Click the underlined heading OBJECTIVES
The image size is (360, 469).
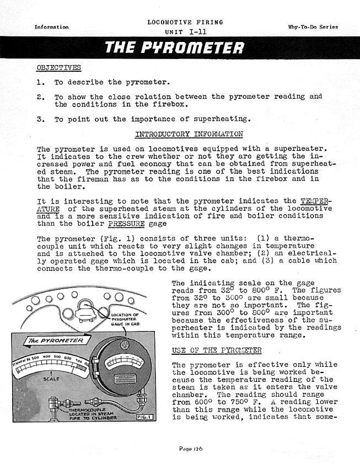tap(58, 68)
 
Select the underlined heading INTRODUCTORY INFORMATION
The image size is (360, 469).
tap(189, 134)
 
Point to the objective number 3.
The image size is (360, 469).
tap(40, 119)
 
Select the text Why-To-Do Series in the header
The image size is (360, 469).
tap(313, 27)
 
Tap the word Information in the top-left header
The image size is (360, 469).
tap(51, 27)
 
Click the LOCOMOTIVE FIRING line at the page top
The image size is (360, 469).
tap(185, 23)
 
